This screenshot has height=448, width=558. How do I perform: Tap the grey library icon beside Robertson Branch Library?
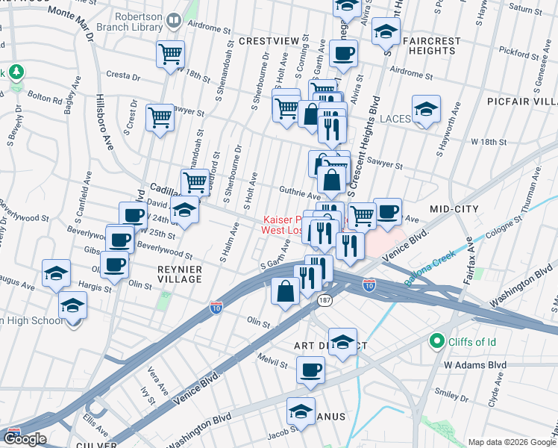pyautogui.click(x=174, y=20)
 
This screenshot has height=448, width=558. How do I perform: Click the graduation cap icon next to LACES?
pyautogui.click(x=426, y=110)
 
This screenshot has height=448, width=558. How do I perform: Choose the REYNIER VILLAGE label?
pyautogui.click(x=169, y=273)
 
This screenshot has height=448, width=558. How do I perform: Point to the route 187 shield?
pyautogui.click(x=325, y=299)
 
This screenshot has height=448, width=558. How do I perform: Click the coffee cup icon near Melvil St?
pyautogui.click(x=310, y=370)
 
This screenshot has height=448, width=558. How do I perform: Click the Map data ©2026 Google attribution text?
pyautogui.click(x=511, y=442)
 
